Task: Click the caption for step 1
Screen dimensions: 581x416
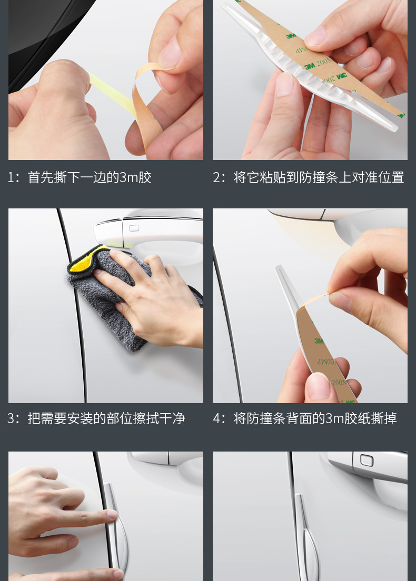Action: [80, 177]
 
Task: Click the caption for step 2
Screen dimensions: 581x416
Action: [309, 177]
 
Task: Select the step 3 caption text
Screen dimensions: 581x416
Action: [96, 419]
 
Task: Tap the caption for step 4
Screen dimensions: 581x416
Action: [305, 419]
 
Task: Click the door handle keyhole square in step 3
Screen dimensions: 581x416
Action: [134, 228]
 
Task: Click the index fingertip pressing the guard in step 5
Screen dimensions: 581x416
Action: [111, 515]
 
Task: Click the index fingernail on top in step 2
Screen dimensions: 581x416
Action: [316, 37]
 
